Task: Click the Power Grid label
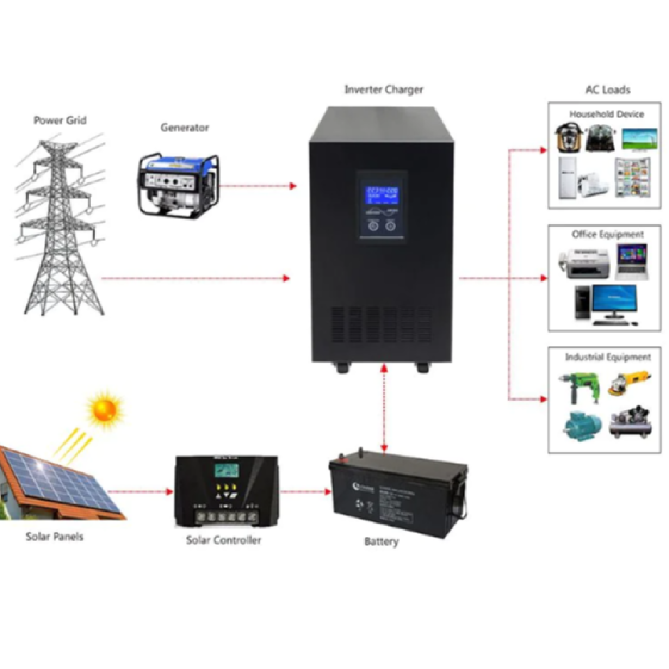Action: coord(60,120)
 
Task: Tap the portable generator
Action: coord(178,186)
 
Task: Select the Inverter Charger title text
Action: coord(384,90)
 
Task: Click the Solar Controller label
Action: coord(223,540)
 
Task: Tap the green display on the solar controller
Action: coord(226,471)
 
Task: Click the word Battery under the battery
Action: coord(381,542)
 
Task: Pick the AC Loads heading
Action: coord(607,90)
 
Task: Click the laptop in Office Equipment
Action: coord(632,263)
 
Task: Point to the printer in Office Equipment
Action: coord(584,264)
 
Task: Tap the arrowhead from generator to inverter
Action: coord(293,186)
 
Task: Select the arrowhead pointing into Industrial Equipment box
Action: coord(544,399)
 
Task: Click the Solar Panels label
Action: coord(54,537)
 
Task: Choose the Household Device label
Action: coord(607,114)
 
